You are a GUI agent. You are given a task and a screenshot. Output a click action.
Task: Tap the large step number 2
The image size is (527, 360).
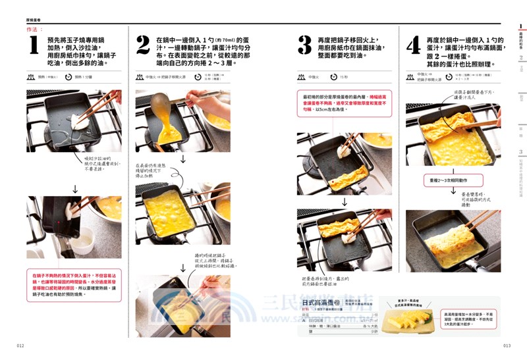pyautogui.click(x=143, y=45)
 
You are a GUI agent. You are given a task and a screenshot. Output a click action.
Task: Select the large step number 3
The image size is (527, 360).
pyautogui.click(x=304, y=45)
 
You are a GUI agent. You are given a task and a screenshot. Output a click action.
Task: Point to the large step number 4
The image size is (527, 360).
pyautogui.click(x=412, y=45)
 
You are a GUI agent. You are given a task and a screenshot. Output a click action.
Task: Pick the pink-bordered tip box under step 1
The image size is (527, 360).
pyautogui.click(x=74, y=285)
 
